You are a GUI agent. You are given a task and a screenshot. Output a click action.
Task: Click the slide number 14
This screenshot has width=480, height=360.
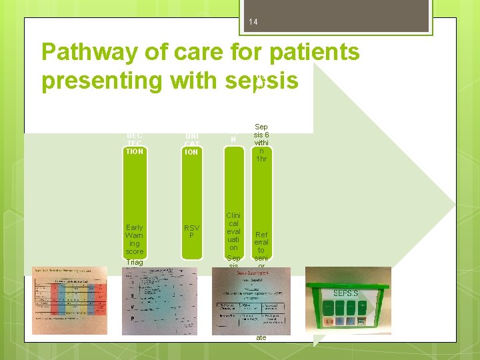253,23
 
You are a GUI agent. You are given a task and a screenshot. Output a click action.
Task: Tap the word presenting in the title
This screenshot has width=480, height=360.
102,81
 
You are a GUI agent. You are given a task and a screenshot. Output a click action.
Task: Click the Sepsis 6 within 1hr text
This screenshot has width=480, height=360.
261,143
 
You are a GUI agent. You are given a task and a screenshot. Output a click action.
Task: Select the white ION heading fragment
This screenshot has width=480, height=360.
191,151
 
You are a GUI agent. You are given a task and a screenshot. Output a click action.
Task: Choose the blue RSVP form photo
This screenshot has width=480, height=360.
160,301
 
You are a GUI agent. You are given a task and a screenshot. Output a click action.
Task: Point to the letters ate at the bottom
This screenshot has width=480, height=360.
261,338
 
